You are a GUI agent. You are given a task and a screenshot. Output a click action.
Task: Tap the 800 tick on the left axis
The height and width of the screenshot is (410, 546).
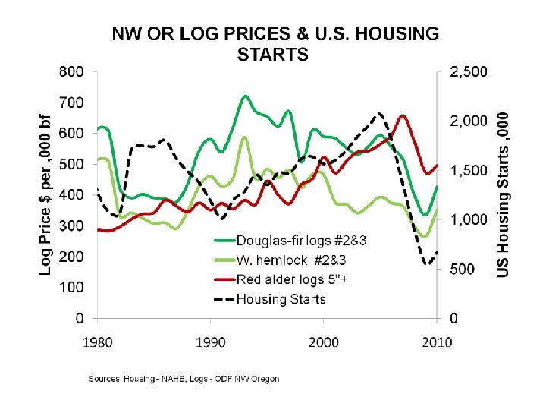[x=72, y=72]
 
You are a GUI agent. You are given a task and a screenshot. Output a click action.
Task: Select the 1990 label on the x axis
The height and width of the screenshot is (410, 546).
[x=210, y=342]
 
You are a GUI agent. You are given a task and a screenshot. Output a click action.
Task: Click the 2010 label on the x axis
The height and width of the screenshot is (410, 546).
[x=437, y=342]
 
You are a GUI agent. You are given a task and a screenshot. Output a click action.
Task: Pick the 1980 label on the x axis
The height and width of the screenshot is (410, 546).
[x=97, y=342]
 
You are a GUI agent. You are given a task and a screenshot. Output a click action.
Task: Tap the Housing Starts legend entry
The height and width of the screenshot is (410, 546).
[x=281, y=298]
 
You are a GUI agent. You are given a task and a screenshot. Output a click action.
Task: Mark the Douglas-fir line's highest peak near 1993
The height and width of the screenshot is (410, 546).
[x=245, y=96]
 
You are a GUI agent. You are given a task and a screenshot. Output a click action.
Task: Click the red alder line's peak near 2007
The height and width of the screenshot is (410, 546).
[x=403, y=115]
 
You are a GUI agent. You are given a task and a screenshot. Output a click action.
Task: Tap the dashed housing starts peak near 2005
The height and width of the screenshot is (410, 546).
[x=380, y=113]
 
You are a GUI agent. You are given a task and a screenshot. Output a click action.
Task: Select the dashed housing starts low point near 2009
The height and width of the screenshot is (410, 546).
[x=428, y=264]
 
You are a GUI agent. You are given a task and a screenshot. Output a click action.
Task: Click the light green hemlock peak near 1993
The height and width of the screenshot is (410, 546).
[x=244, y=137]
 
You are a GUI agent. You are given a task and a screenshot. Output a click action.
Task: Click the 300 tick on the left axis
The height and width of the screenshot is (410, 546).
[x=72, y=225]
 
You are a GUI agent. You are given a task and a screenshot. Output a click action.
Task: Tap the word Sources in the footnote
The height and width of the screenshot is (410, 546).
[x=104, y=377]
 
